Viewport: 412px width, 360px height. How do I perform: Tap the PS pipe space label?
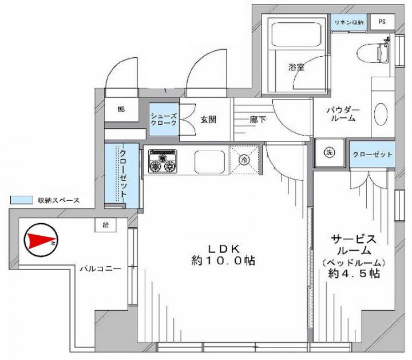click(x=382, y=22)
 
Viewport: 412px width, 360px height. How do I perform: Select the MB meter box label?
click(x=121, y=109)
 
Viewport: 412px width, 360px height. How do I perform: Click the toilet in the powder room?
click(x=373, y=53)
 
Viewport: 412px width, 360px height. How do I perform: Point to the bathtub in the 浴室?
click(x=296, y=35)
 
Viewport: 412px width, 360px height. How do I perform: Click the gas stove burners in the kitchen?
click(x=163, y=161)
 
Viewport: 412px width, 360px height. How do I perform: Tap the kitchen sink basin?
click(x=209, y=161)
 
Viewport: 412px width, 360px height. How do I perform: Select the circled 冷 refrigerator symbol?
click(x=244, y=160)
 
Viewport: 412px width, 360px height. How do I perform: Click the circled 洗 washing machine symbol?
click(x=329, y=152)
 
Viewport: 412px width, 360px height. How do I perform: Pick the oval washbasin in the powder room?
click(x=381, y=114)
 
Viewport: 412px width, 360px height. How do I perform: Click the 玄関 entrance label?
click(x=208, y=120)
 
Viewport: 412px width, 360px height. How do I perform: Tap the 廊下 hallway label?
click(x=257, y=120)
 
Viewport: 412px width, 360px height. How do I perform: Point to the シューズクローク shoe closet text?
click(x=164, y=119)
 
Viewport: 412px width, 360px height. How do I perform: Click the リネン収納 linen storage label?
click(x=349, y=22)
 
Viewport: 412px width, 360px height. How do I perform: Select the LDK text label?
click(x=224, y=248)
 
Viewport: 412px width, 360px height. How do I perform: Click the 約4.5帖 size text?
click(x=354, y=274)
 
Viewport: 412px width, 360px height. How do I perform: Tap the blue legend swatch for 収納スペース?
click(x=21, y=200)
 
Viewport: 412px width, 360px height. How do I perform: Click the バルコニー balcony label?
click(x=101, y=268)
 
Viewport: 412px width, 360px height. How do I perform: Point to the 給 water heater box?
click(x=106, y=225)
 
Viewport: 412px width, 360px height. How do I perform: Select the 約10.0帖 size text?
click(x=223, y=260)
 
